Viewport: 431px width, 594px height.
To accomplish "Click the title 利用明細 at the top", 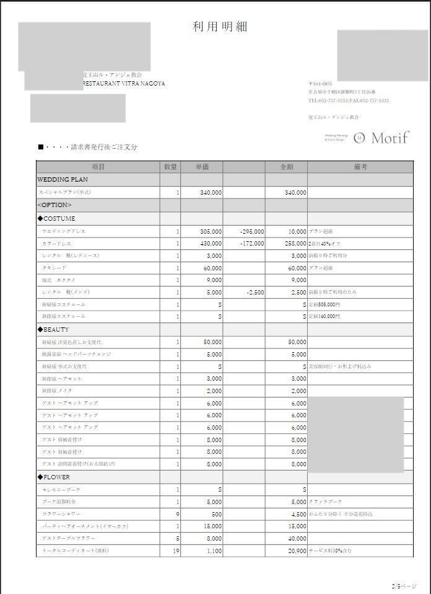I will tap(220, 27).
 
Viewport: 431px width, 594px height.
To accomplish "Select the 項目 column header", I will tap(98, 167).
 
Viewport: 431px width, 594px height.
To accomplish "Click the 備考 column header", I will tap(360, 167).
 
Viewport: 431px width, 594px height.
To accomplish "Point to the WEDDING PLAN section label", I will tap(63, 180).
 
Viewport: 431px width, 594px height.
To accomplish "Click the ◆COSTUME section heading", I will tap(56, 218).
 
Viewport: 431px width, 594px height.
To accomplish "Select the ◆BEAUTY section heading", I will tap(53, 329).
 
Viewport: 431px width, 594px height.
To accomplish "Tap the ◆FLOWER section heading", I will tap(54, 477).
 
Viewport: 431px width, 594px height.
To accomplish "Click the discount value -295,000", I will tap(251, 231).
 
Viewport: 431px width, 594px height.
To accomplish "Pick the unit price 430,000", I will tap(211, 244).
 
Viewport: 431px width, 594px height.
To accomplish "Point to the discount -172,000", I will tap(251, 244).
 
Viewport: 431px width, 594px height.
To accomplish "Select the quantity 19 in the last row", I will tap(175, 551).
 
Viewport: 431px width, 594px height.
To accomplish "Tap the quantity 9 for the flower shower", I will tap(177, 514).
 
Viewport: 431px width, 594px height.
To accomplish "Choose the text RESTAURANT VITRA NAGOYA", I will tap(124, 84).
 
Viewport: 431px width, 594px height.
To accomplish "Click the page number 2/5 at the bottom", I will tap(396, 585).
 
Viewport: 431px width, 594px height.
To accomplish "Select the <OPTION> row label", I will tap(54, 205).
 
